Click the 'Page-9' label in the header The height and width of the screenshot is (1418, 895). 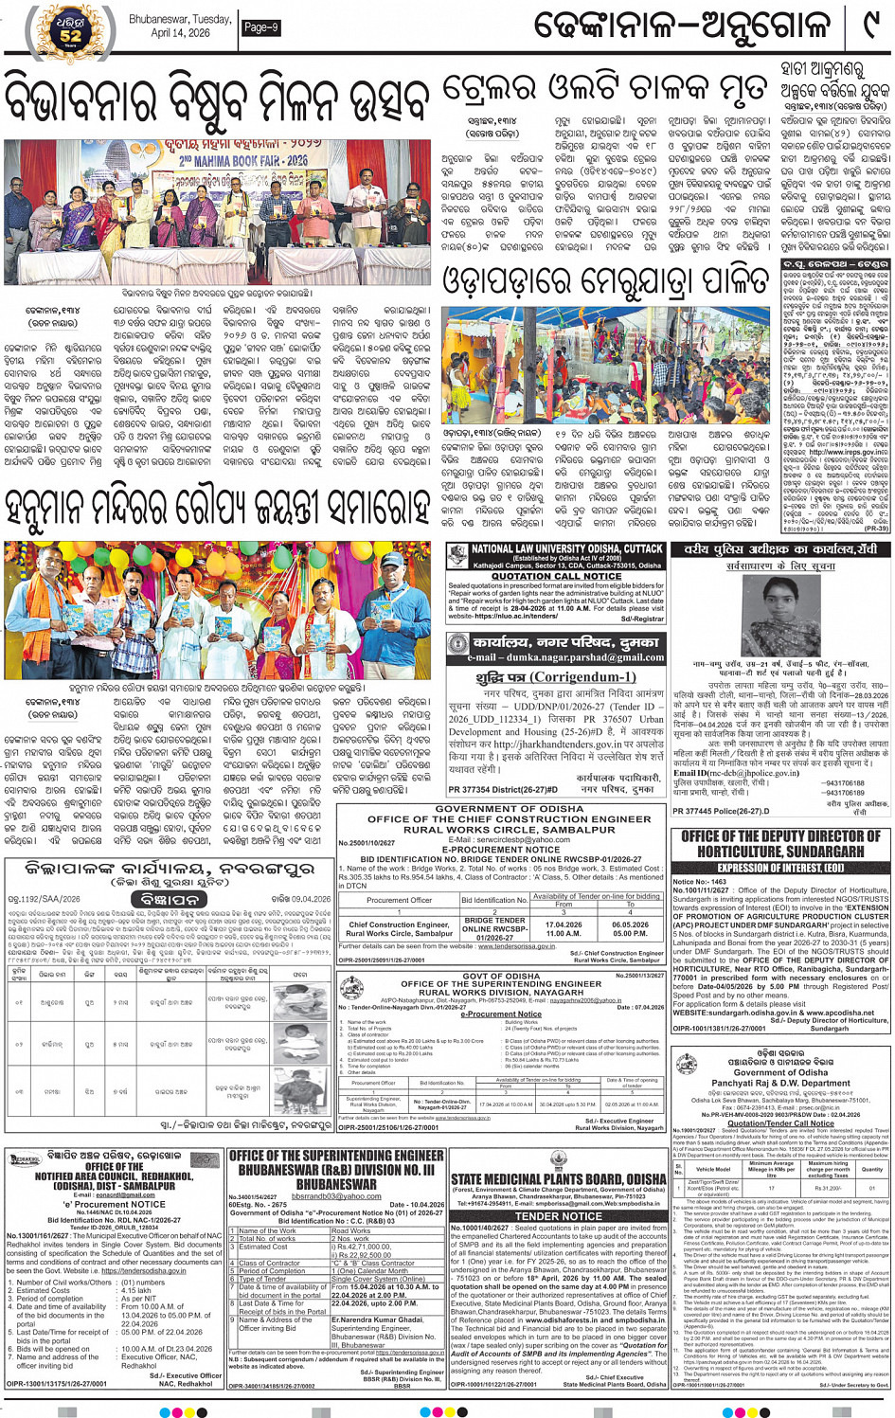(260, 27)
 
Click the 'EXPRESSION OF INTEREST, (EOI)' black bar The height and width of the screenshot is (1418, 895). (780, 867)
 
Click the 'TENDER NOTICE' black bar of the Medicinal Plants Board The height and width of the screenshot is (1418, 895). (558, 1215)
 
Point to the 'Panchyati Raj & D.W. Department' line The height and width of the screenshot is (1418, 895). (780, 1083)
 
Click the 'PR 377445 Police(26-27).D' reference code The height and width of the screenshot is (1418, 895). (720, 811)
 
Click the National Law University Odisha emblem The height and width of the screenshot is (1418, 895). (458, 556)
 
